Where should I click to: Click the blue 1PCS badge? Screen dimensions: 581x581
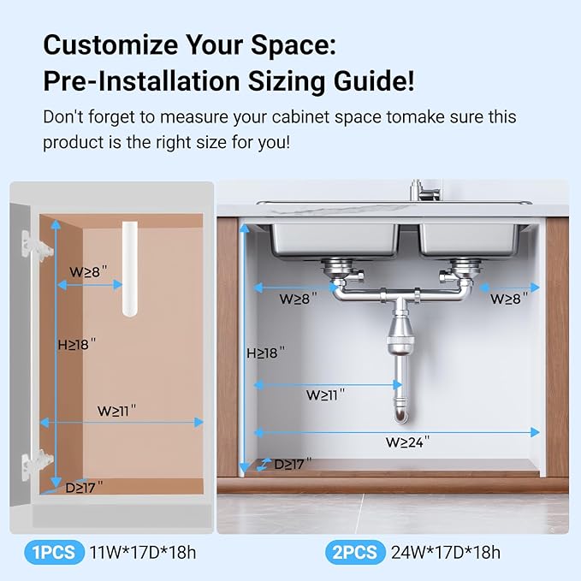point(54,552)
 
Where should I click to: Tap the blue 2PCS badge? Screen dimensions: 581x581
point(353,552)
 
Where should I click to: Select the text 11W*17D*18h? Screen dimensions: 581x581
point(143,552)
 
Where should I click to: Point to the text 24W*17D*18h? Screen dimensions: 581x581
point(444,552)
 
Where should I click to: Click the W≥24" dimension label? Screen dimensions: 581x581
point(407,442)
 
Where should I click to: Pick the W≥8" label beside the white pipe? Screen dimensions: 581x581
point(89,271)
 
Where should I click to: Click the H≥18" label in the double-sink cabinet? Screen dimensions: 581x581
point(265,353)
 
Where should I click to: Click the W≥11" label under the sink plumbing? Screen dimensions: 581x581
point(325,395)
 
